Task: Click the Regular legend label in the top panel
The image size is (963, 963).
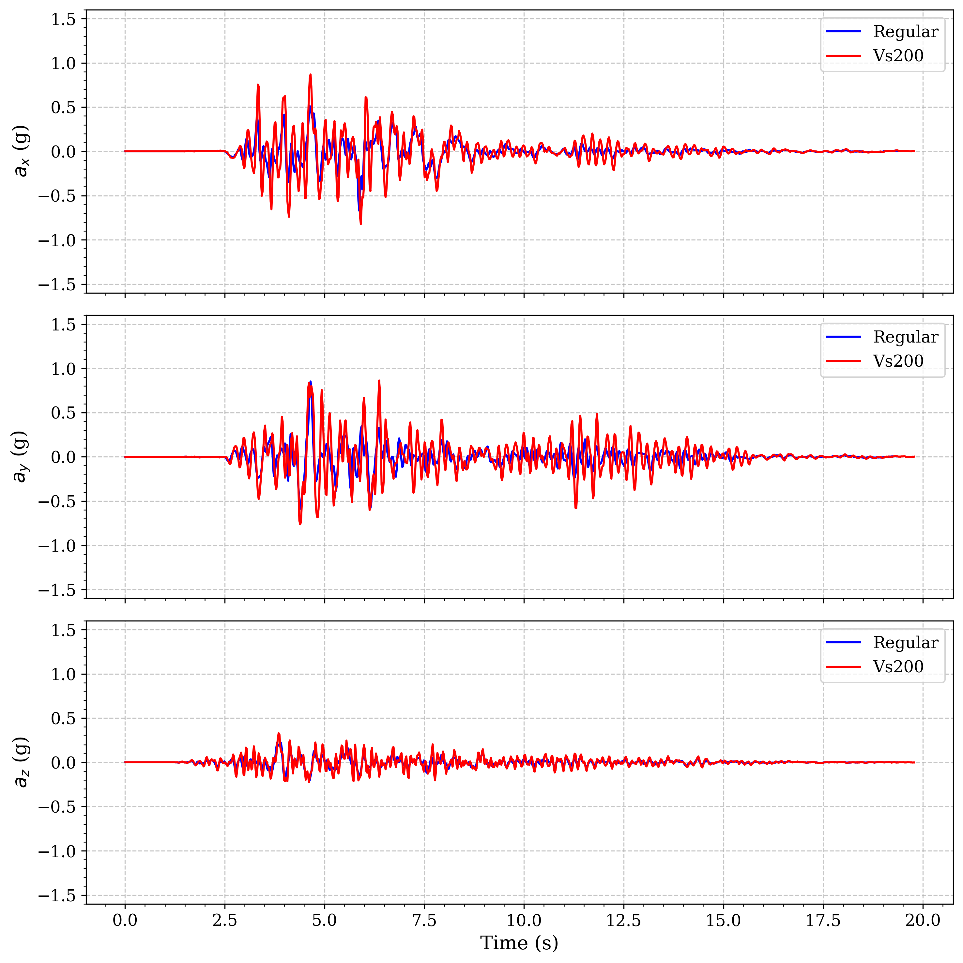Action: pos(905,32)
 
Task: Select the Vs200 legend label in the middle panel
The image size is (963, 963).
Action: pos(898,361)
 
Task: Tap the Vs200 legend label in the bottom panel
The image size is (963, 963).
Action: pos(898,666)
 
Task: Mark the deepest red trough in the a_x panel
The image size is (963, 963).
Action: pos(360,224)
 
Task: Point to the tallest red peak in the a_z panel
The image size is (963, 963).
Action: pos(279,733)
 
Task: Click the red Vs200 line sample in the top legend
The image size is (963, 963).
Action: pos(843,56)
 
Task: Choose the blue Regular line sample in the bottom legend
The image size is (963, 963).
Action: pos(843,643)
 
